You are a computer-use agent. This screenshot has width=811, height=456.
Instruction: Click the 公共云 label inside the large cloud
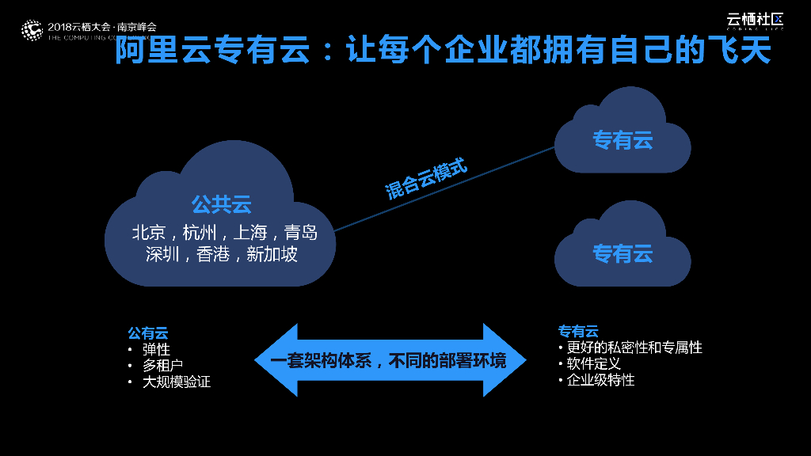(x=221, y=204)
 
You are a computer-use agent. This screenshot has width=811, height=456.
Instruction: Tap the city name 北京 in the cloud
(x=149, y=233)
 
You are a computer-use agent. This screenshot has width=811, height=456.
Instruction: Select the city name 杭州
(x=200, y=233)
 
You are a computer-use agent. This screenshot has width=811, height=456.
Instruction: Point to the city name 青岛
(x=301, y=233)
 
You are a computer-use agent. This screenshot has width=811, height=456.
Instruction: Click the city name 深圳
(x=163, y=255)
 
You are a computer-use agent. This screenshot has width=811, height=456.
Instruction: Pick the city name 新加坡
(x=272, y=255)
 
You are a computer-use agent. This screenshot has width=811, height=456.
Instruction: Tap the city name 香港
(x=213, y=255)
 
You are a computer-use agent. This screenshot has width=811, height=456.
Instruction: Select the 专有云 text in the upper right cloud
(x=623, y=140)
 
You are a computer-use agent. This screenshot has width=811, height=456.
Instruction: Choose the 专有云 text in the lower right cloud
(x=623, y=253)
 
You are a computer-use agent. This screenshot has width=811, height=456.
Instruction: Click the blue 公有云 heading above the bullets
(x=148, y=333)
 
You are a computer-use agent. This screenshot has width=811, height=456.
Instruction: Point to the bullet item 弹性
(x=156, y=349)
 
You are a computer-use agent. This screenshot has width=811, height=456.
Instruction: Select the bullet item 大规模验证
(x=177, y=382)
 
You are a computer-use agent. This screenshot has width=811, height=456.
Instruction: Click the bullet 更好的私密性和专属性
(x=634, y=348)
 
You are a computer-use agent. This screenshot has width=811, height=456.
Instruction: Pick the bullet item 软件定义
(x=593, y=364)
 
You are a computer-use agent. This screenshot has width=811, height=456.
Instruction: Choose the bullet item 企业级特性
(x=600, y=380)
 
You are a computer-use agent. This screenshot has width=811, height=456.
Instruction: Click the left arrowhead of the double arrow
(x=273, y=360)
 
